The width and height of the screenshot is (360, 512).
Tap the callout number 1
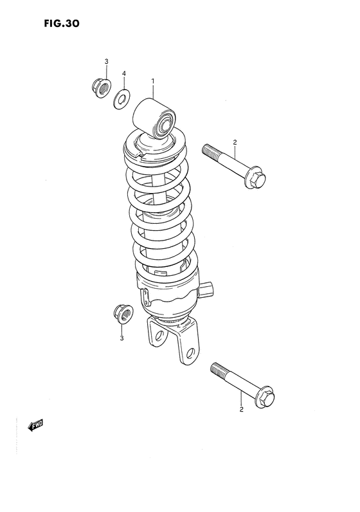(153, 81)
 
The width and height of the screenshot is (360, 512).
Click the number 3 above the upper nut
(106, 61)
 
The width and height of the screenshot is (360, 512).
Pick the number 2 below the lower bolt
(240, 409)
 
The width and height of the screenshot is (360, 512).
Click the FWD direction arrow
(34, 425)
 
